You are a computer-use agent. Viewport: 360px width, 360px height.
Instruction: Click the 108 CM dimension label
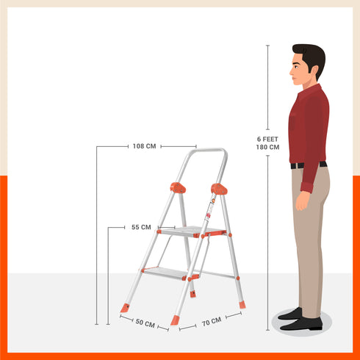tap(144, 145)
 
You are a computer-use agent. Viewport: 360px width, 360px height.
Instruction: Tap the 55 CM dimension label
tap(141, 227)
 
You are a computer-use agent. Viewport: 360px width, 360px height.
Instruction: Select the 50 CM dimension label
tap(145, 323)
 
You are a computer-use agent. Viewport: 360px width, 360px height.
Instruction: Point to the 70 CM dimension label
tap(211, 321)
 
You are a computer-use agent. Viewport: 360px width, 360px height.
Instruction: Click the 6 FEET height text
tap(267, 139)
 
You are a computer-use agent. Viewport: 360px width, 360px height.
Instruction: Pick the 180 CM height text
tap(267, 147)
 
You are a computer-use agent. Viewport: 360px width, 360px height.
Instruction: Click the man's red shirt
tap(309, 125)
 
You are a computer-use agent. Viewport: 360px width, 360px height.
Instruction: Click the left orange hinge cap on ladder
tap(178, 187)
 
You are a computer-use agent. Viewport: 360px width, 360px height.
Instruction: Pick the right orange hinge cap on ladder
tap(219, 189)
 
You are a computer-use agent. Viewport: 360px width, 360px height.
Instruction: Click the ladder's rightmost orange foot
tap(242, 304)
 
